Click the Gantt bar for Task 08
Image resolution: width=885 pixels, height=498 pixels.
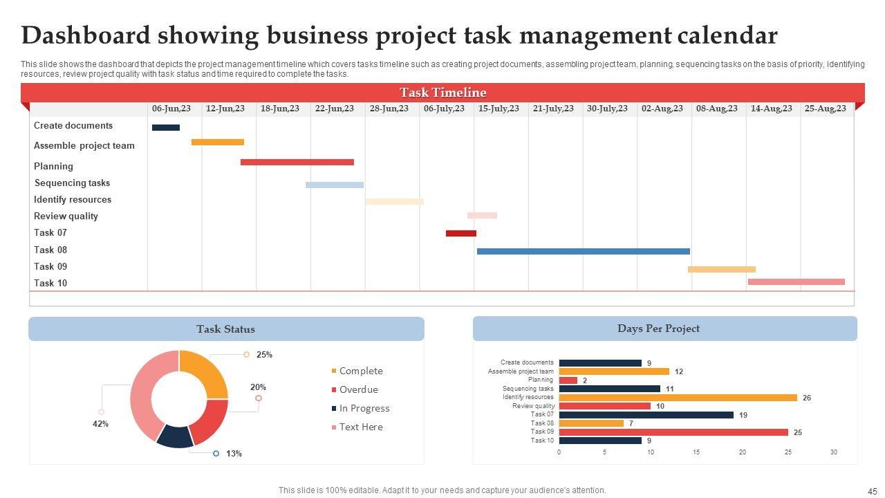[x=583, y=251]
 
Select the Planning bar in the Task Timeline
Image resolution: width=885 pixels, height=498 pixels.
[x=297, y=163]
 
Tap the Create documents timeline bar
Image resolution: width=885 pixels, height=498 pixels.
[x=165, y=127]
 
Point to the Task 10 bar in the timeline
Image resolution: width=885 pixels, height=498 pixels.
[x=796, y=282]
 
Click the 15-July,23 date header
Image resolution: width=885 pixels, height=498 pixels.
[x=499, y=109]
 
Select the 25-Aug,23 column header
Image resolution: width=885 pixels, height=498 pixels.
[x=825, y=109]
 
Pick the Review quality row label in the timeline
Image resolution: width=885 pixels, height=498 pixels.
[x=66, y=216]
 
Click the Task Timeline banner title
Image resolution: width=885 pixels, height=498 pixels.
[x=442, y=93]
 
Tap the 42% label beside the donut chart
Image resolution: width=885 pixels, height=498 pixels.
[x=100, y=424]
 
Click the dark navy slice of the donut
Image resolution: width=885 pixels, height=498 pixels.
[x=175, y=436]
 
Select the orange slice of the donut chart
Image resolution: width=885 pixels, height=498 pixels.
[x=205, y=373]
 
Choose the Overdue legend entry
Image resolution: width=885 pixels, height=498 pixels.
[x=358, y=389]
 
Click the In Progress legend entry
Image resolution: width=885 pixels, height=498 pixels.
[x=364, y=408]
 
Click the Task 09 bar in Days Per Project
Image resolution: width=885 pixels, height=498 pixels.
[x=673, y=432]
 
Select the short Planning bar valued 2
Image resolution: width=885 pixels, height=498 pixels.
[x=568, y=380]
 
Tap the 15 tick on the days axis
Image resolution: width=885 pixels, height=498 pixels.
[x=696, y=452]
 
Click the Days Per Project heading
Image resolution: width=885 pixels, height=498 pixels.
[x=658, y=329]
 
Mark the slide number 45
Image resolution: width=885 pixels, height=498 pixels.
[x=871, y=490]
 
